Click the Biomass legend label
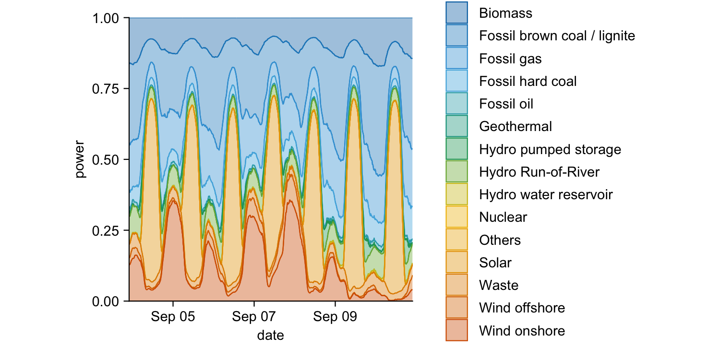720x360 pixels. [x=505, y=13]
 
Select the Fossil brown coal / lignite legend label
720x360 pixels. [x=557, y=36]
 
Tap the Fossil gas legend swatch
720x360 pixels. [x=456, y=59]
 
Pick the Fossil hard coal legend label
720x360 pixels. [x=528, y=81]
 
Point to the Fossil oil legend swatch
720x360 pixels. [x=456, y=104]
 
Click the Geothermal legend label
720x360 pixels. [x=515, y=126]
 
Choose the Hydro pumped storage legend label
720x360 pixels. [x=550, y=149]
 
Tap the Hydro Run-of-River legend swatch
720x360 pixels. [x=456, y=172]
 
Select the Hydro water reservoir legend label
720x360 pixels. [x=546, y=194]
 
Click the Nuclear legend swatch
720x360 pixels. [x=456, y=217]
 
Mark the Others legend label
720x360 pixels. [x=500, y=240]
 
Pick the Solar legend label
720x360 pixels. [x=495, y=263]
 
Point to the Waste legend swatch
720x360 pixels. [x=456, y=286]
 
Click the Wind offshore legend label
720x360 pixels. [x=522, y=308]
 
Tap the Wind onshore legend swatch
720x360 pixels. [x=456, y=331]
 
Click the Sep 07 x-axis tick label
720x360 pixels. [x=254, y=317]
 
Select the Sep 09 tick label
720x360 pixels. [x=335, y=317]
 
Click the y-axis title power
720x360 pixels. [x=80, y=159]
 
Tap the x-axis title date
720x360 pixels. [x=271, y=335]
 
